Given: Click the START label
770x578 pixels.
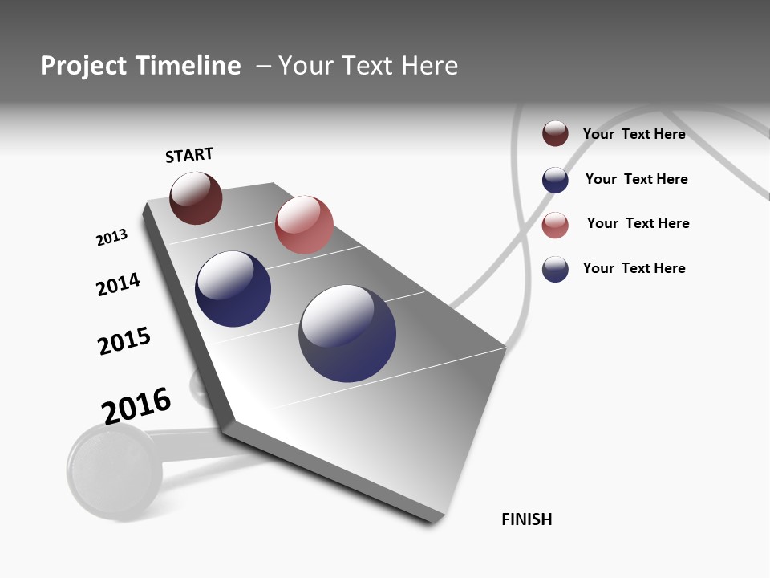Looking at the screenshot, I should coord(189,155).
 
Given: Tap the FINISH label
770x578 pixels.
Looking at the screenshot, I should coord(527,519).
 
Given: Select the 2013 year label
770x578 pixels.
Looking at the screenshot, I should coord(111,238).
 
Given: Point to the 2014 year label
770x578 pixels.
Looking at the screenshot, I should coord(118,284).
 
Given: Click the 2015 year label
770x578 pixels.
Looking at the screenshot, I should coord(124,341).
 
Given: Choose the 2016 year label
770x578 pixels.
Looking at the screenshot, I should coord(136,405).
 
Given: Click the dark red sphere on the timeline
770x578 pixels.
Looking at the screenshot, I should coord(196,197).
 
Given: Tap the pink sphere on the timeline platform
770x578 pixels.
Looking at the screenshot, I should coord(304,225).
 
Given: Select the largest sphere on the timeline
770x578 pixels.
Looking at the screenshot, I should coord(347,333).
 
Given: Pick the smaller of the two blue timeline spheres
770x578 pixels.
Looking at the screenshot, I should coord(233,289).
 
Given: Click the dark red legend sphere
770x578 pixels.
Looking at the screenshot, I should coord(555,133).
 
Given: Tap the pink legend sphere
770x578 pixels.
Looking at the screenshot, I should coord(555,225).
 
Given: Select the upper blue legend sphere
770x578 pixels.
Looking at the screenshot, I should coord(555,180).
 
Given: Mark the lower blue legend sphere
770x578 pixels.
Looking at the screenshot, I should coord(555,269).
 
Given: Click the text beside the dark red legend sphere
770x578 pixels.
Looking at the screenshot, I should coord(634,134).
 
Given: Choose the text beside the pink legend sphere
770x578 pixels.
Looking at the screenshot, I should coord(638,223).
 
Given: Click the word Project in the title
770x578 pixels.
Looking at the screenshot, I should coord(83,66).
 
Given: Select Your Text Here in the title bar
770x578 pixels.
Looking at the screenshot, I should coord(368,66).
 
